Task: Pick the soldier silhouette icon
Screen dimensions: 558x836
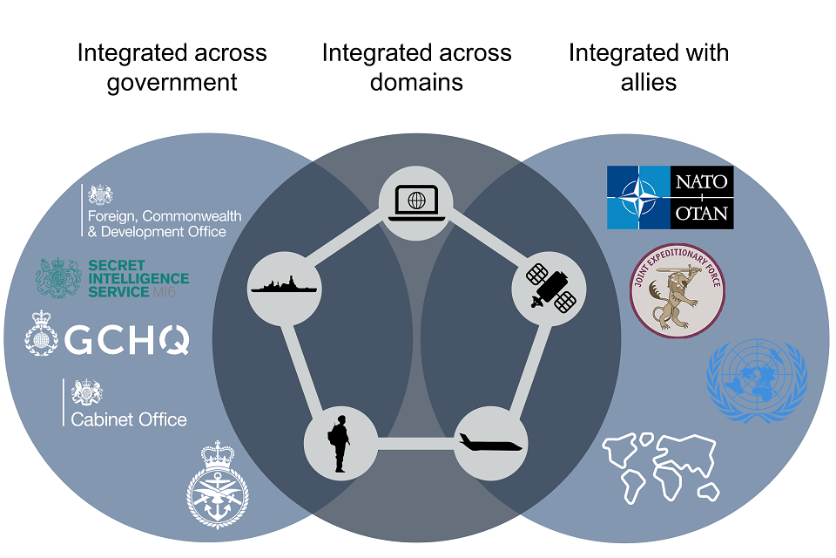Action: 340,444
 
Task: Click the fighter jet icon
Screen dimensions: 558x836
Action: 491,444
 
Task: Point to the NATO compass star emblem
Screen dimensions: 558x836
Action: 639,198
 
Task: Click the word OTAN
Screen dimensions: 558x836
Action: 703,214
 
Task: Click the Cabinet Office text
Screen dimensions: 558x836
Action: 129,419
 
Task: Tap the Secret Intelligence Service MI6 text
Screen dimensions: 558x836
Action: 138,278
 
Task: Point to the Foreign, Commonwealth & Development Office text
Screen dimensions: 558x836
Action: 164,223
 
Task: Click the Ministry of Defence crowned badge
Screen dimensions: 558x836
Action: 217,486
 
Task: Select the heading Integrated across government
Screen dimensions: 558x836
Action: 172,67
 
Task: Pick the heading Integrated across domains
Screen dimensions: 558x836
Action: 416,67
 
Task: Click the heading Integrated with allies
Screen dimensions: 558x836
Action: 648,67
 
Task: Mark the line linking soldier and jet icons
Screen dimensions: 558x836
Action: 415,444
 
